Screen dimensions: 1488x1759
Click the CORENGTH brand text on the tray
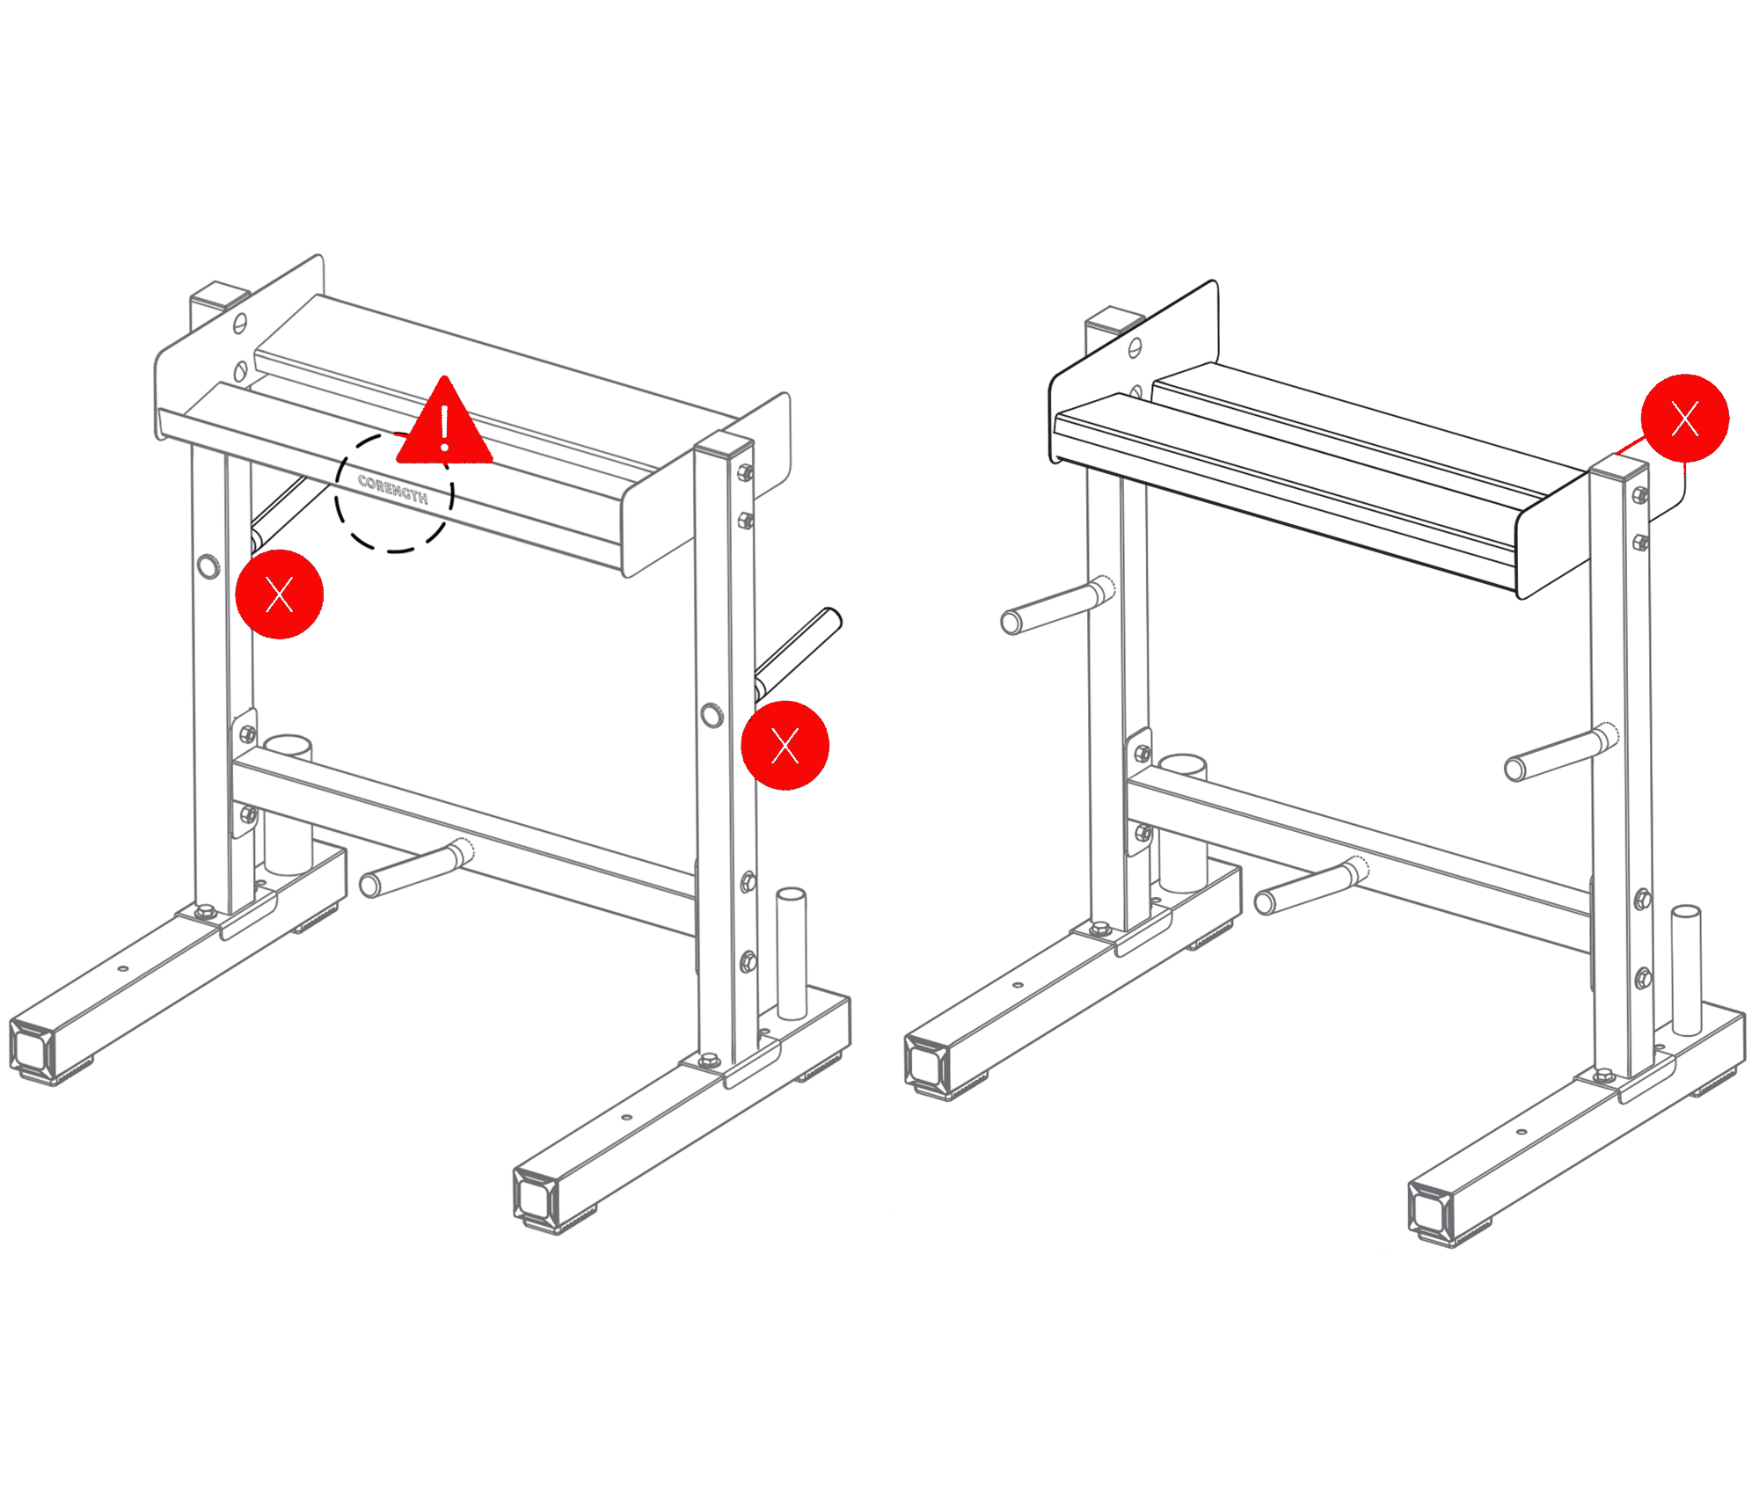click(393, 489)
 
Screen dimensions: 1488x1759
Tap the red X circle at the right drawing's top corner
click(1684, 419)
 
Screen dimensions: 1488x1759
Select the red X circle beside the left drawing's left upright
click(280, 594)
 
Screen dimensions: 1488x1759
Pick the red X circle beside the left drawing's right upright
click(785, 746)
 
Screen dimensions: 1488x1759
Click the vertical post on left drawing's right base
click(792, 954)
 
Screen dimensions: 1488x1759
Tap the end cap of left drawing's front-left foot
click(33, 1049)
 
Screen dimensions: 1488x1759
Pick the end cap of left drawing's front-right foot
click(536, 1197)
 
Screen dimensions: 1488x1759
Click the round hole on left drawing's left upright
click(208, 566)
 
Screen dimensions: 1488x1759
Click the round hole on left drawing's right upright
click(712, 716)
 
